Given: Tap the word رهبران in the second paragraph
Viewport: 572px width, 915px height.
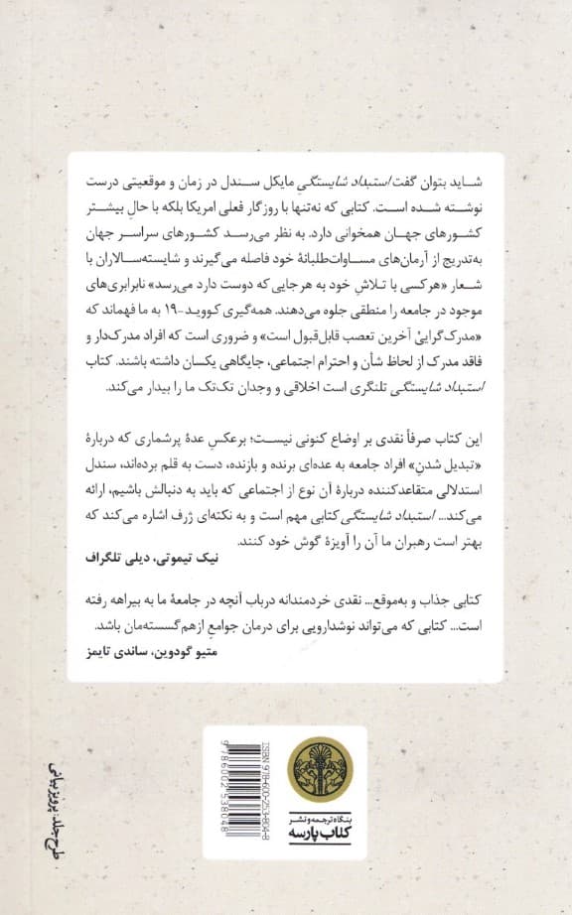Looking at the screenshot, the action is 380,540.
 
